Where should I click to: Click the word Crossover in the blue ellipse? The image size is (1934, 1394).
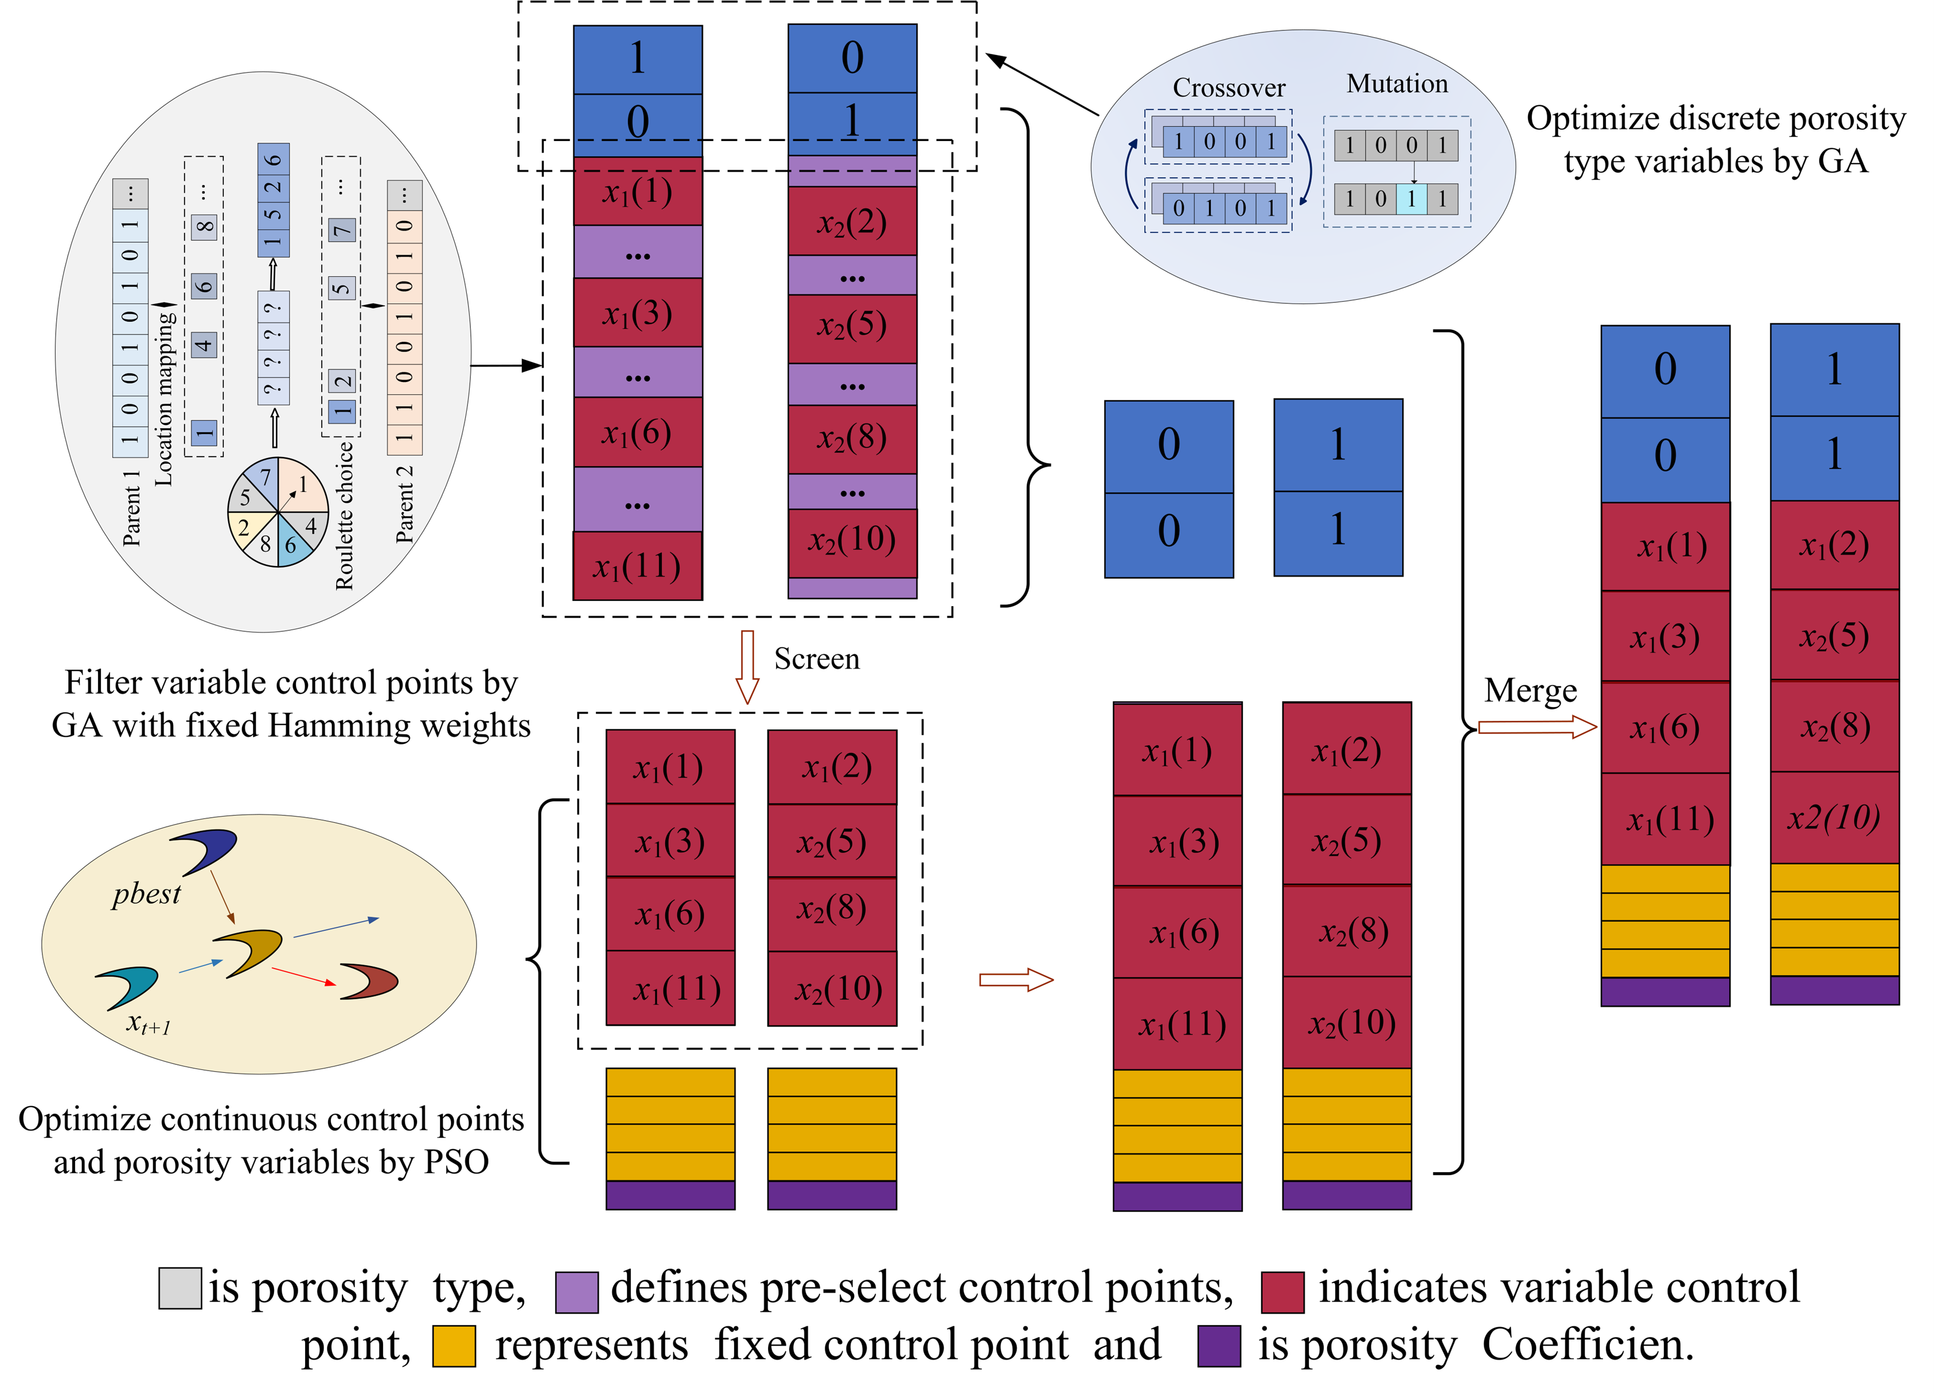1228,88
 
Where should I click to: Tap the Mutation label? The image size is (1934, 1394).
1397,84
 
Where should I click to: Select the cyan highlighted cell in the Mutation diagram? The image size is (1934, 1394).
1411,200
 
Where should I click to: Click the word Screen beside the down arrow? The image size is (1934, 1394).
816,659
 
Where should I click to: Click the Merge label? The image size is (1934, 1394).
1530,690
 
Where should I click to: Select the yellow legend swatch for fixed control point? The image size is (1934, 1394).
454,1345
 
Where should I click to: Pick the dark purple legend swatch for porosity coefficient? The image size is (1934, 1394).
1219,1345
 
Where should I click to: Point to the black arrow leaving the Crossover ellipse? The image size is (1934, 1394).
1042,85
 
